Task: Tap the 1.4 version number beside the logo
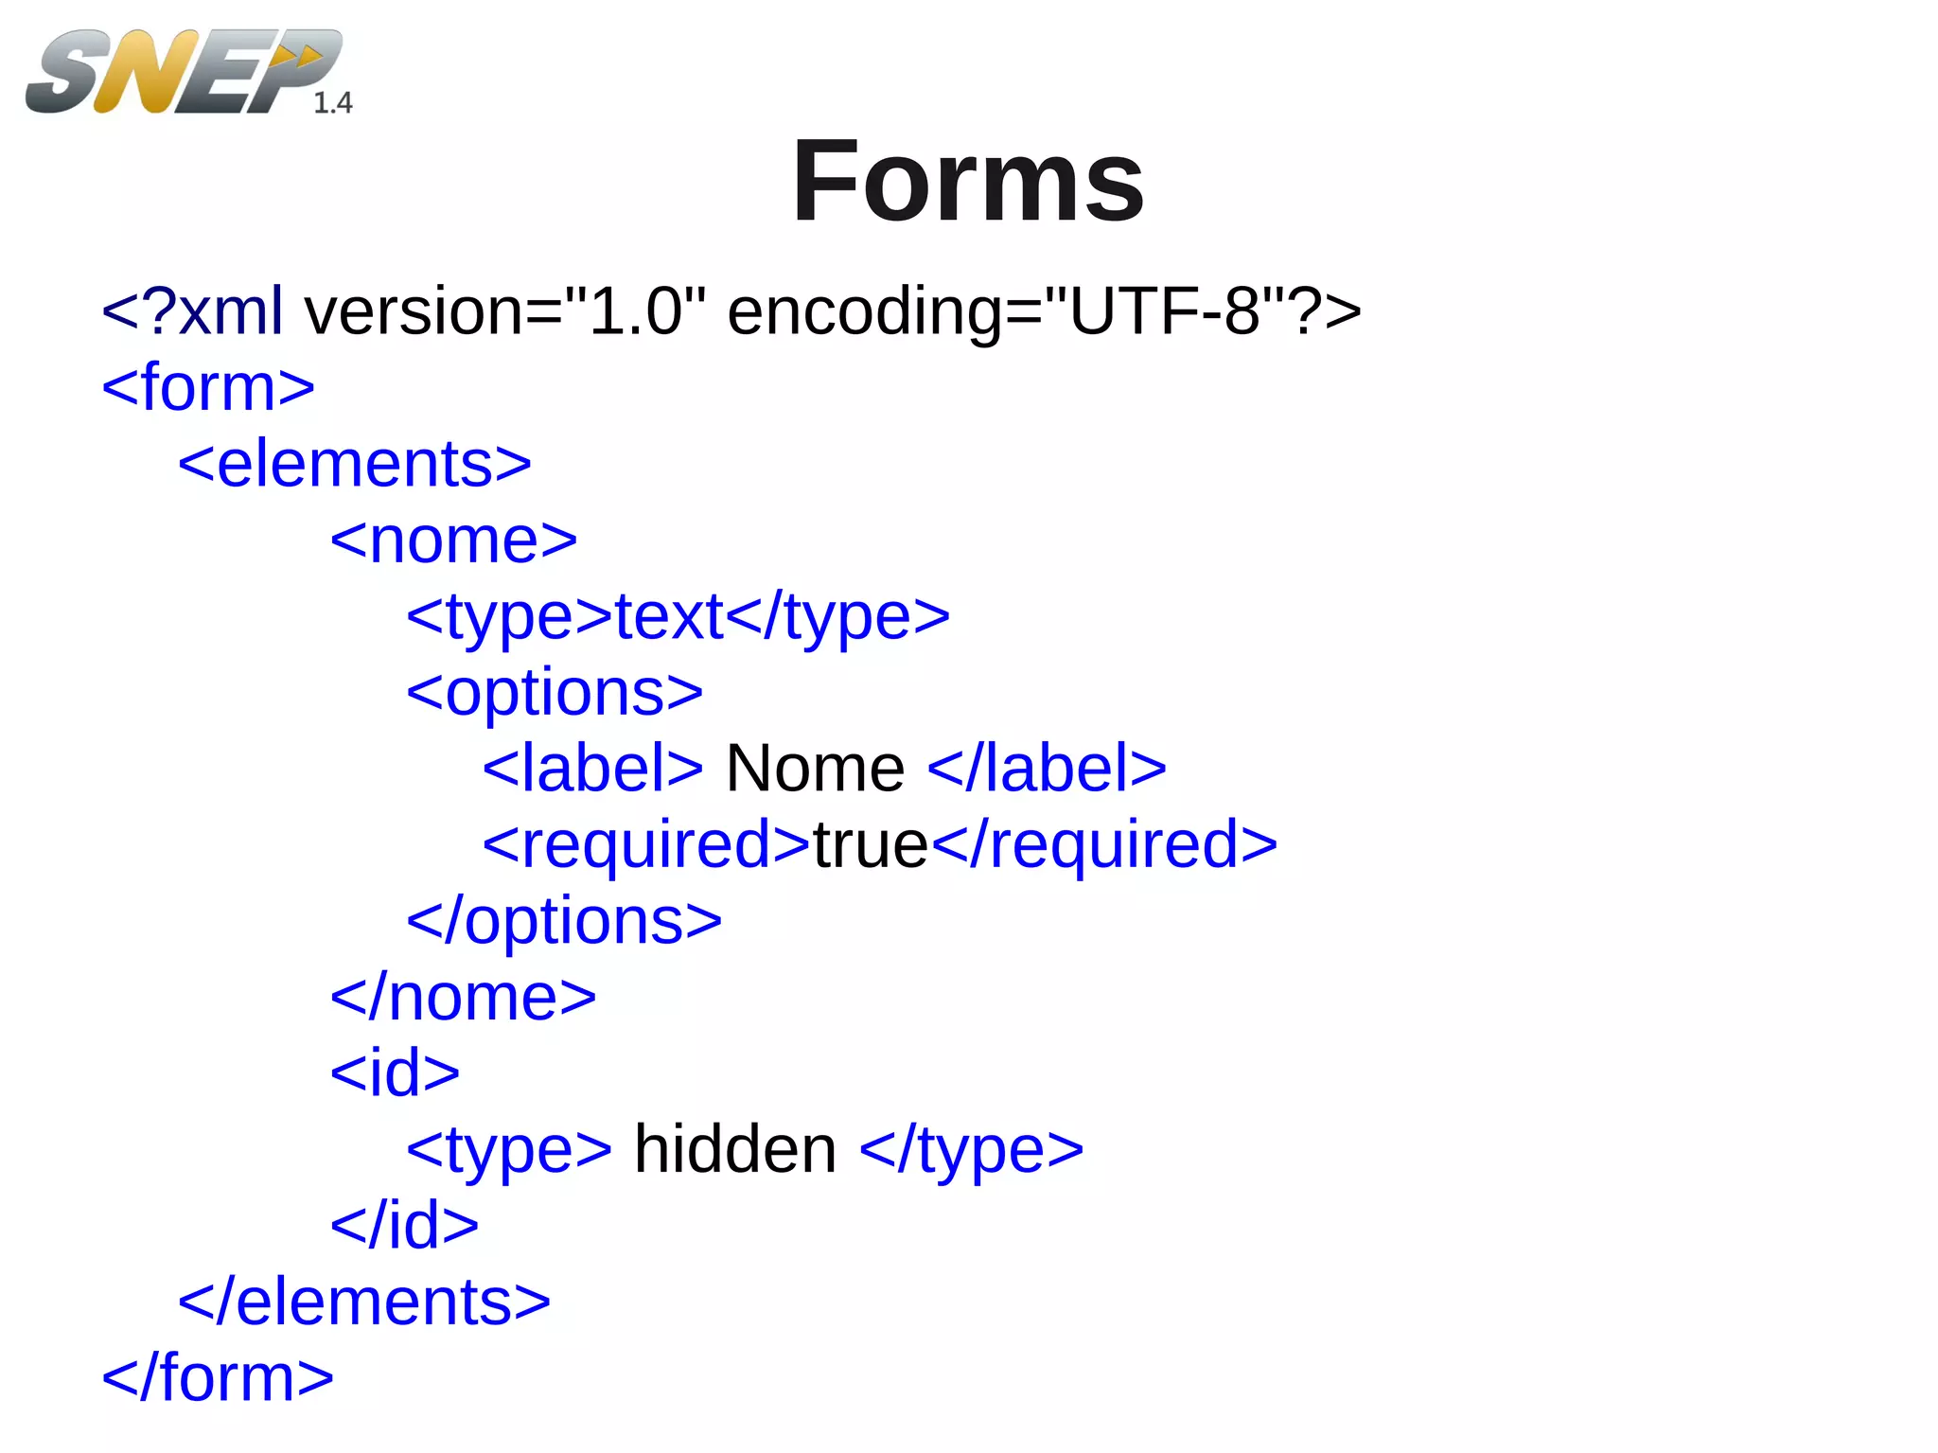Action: pyautogui.click(x=332, y=102)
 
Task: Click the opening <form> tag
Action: pyautogui.click(x=208, y=387)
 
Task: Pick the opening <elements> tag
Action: pyautogui.click(x=355, y=464)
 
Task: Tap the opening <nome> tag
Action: pyautogui.click(x=453, y=540)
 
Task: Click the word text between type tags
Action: pyautogui.click(x=669, y=616)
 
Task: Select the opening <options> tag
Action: pyautogui.click(x=555, y=692)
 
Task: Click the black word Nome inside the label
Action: pyautogui.click(x=815, y=768)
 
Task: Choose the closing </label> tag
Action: pyautogui.click(x=1047, y=768)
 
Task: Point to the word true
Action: pyautogui.click(x=871, y=844)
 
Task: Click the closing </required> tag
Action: pyautogui.click(x=1104, y=844)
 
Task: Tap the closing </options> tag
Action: pyautogui.click(x=564, y=920)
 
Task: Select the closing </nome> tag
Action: pyautogui.click(x=463, y=997)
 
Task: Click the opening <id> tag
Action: pyautogui.click(x=395, y=1073)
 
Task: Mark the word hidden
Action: pyautogui.click(x=735, y=1149)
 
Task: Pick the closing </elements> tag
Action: pyautogui.click(x=364, y=1302)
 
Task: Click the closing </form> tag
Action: pyautogui.click(x=218, y=1377)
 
